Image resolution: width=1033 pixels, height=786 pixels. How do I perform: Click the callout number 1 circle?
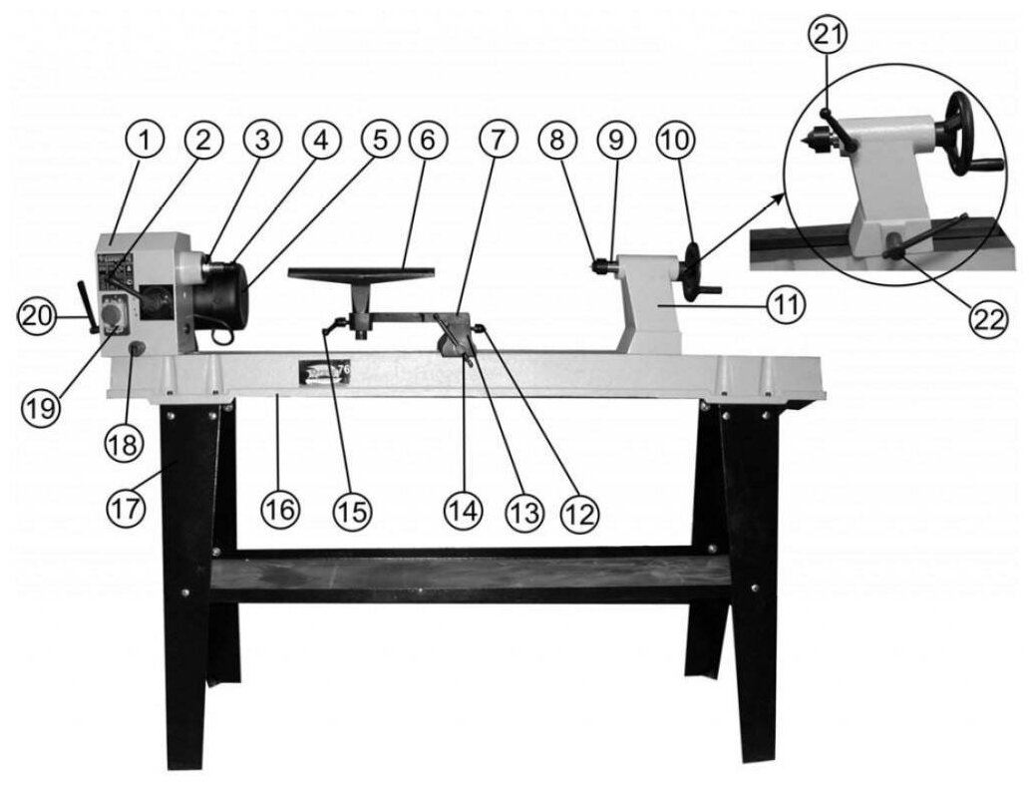coord(145,140)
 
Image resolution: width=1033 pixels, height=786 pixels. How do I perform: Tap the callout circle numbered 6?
coord(426,141)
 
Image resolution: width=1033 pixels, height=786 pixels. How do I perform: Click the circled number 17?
coord(127,506)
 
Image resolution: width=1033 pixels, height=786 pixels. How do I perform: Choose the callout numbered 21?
coord(829,37)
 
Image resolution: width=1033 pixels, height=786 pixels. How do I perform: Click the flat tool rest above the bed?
coord(361,271)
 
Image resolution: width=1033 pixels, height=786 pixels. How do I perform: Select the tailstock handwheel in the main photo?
coord(693,267)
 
